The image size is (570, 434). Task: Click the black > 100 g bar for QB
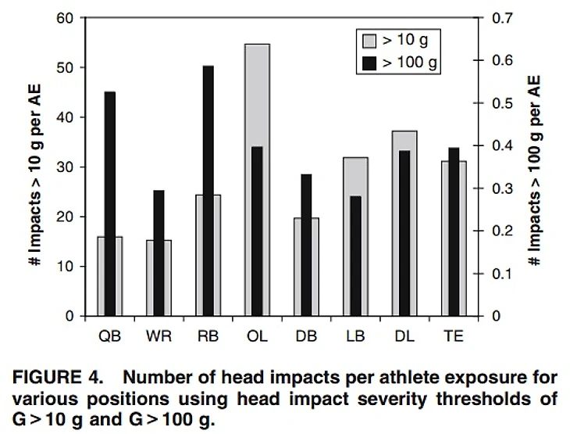click(110, 203)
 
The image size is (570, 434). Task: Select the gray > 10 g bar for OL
click(257, 94)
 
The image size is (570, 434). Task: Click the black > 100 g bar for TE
click(454, 231)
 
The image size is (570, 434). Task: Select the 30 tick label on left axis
click(65, 167)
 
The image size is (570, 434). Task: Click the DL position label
click(404, 337)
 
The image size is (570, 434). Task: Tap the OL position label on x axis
click(257, 337)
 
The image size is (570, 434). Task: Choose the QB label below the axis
click(109, 337)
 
